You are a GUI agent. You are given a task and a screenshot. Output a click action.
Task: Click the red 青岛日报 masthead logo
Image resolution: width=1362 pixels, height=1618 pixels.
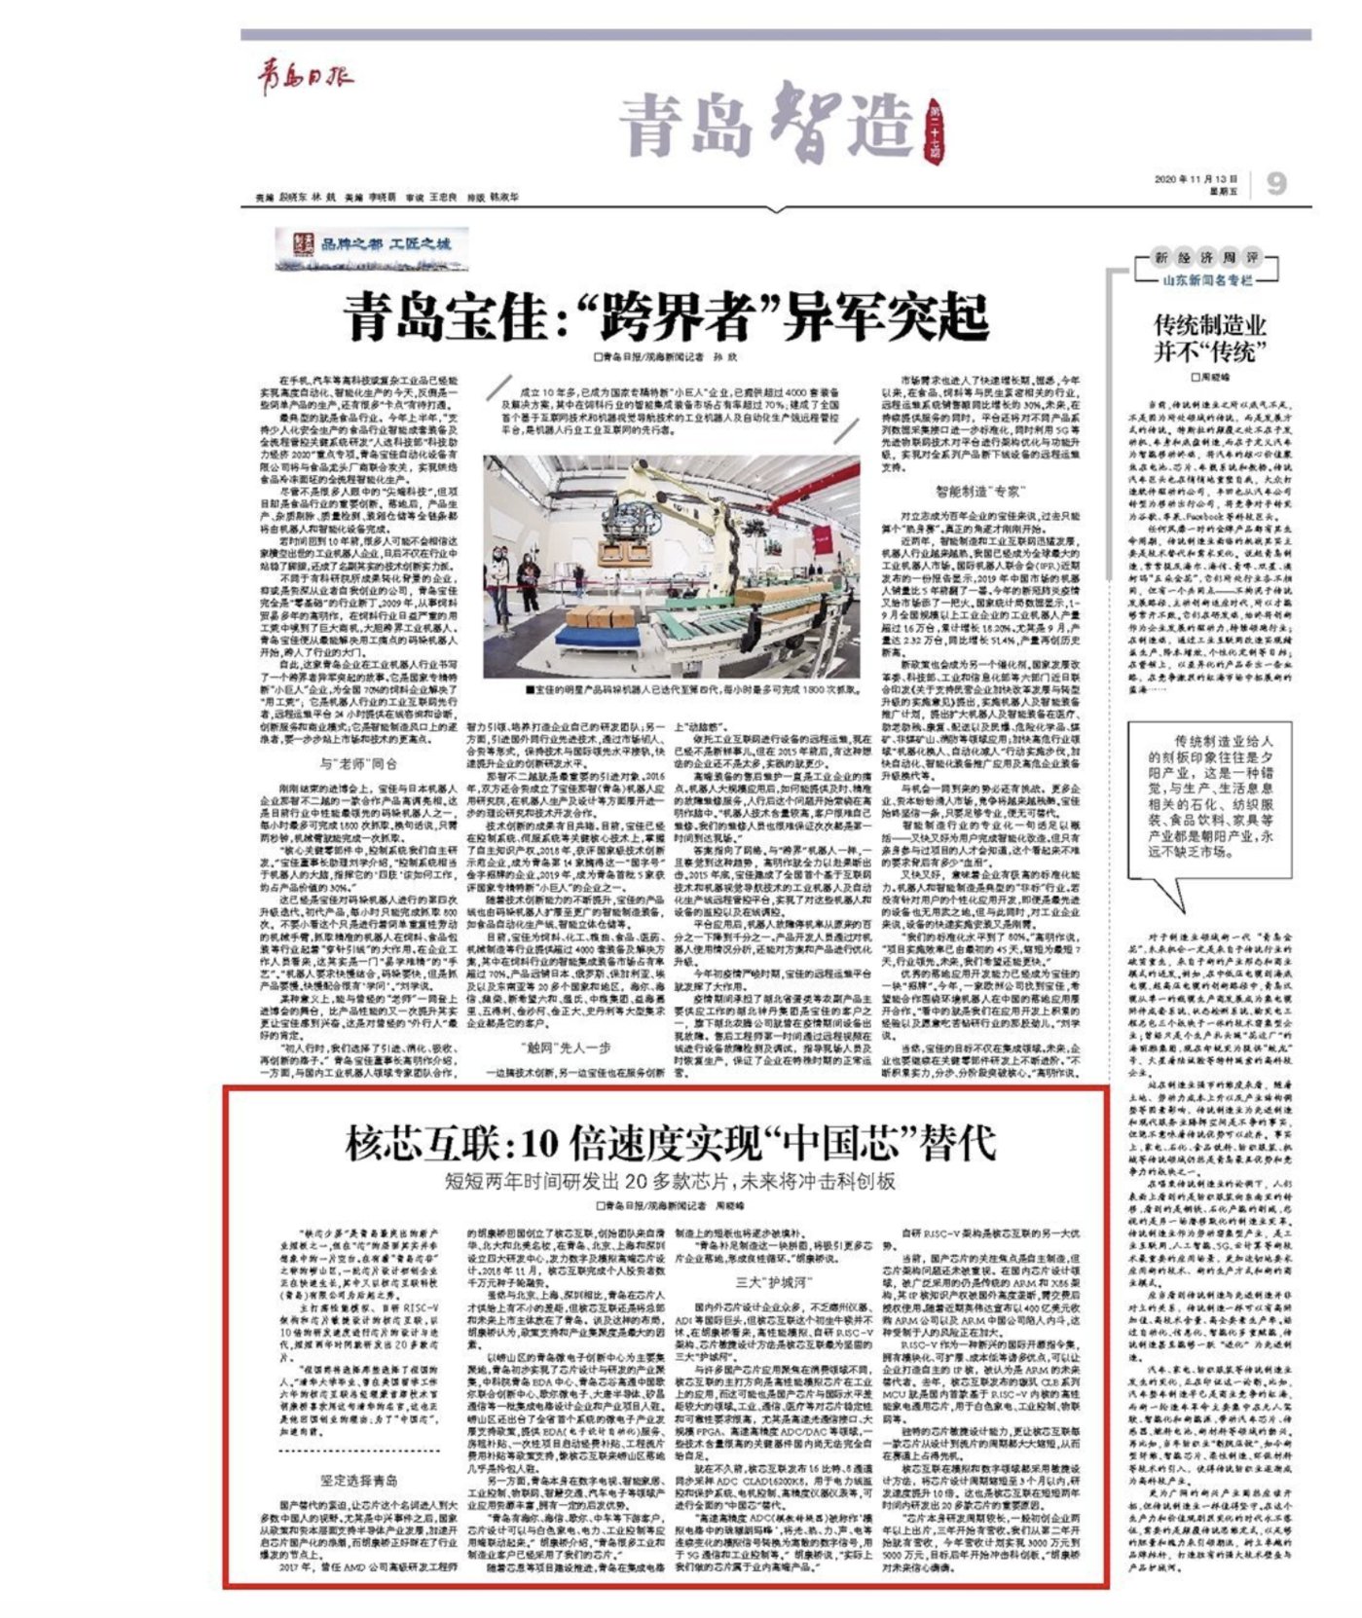[x=305, y=78]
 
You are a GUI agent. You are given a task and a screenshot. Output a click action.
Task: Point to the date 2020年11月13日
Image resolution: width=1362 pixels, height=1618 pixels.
[x=1195, y=179]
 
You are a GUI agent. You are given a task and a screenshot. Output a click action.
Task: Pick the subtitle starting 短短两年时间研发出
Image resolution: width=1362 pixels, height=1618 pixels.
[x=670, y=1182]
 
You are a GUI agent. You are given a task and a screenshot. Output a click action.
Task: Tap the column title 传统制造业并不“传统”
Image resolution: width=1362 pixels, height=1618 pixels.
[x=1210, y=338]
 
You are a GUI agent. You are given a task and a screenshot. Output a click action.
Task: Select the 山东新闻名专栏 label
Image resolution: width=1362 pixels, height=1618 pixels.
[x=1207, y=279]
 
